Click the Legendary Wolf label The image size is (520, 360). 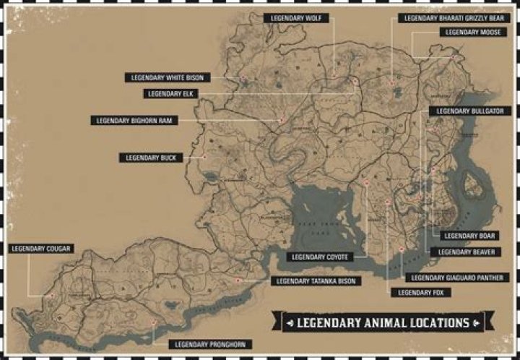coord(298,17)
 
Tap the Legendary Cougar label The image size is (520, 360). coord(41,248)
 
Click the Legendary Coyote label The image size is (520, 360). coord(321,257)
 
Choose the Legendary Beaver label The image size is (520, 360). coord(462,252)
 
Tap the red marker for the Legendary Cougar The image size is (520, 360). coord(51,295)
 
